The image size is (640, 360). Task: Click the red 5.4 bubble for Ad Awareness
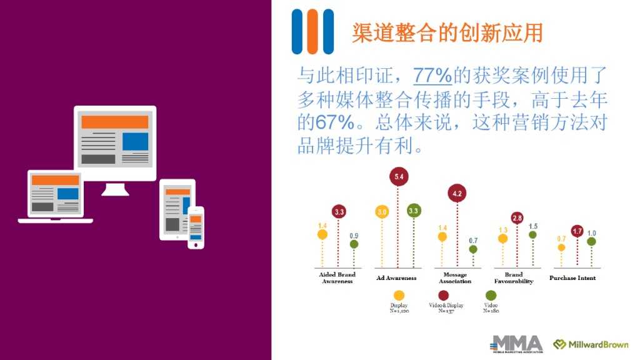pyautogui.click(x=399, y=177)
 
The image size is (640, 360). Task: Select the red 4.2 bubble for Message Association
pyautogui.click(x=457, y=194)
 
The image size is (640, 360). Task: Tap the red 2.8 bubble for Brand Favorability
pyautogui.click(x=517, y=218)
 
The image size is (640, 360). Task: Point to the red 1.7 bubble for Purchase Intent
pyautogui.click(x=577, y=231)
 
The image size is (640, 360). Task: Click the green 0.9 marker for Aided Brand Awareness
pyautogui.click(x=354, y=245)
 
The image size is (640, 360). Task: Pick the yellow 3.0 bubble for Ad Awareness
pyautogui.click(x=382, y=212)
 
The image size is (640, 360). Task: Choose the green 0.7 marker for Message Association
pyautogui.click(x=473, y=249)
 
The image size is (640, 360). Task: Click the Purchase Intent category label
pyautogui.click(x=572, y=278)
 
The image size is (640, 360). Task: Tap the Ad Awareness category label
pyautogui.click(x=396, y=278)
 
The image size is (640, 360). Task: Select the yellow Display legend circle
pyautogui.click(x=399, y=296)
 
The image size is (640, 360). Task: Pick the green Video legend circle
pyautogui.click(x=491, y=296)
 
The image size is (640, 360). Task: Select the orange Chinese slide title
pyautogui.click(x=447, y=32)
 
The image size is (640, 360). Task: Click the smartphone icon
pyautogui.click(x=196, y=227)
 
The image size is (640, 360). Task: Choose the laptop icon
pyautogui.click(x=56, y=196)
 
